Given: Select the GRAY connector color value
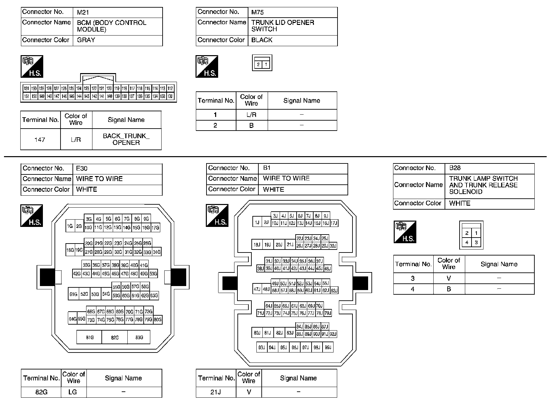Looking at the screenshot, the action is click(x=86, y=40).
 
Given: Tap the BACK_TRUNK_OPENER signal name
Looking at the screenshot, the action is click(x=126, y=139).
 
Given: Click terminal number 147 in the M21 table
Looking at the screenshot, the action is click(x=40, y=140).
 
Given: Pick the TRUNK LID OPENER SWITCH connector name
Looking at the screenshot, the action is click(x=283, y=26).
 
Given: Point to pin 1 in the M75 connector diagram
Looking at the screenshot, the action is click(x=266, y=64).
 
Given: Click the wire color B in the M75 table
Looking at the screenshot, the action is click(x=251, y=125).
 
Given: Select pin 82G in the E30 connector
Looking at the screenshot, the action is click(x=115, y=337).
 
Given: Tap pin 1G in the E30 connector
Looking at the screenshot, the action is click(x=70, y=227).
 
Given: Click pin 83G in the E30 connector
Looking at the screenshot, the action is click(x=139, y=337).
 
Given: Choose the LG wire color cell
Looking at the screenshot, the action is click(x=72, y=392).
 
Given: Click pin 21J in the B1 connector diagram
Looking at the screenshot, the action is click(x=290, y=245).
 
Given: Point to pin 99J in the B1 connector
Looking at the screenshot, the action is click(x=328, y=348).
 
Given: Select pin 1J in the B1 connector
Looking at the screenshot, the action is click(x=257, y=223).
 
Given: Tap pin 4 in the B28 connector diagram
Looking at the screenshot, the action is click(x=467, y=243).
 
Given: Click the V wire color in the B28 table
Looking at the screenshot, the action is click(x=449, y=278).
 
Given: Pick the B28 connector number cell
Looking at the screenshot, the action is click(x=455, y=168).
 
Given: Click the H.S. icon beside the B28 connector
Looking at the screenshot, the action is click(x=405, y=232).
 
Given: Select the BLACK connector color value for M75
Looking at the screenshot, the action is click(x=262, y=40).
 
